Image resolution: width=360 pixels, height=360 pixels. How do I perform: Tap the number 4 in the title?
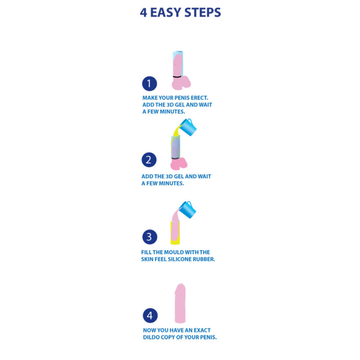[x=144, y=12]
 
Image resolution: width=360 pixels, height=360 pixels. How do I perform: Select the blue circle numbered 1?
[x=149, y=84]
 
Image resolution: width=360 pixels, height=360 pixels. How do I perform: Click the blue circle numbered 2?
[x=149, y=160]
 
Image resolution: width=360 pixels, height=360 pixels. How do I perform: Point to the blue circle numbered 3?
[x=149, y=237]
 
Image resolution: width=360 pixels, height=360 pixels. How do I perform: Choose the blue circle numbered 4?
[x=149, y=315]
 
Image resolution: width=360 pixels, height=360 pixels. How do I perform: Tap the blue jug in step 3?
[x=188, y=209]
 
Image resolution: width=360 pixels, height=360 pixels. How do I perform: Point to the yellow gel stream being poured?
[x=174, y=132]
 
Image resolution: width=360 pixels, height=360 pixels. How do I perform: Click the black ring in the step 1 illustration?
[x=180, y=76]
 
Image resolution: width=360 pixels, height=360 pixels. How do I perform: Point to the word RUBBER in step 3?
[x=206, y=260]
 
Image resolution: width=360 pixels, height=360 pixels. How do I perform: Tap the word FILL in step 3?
[x=148, y=252]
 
